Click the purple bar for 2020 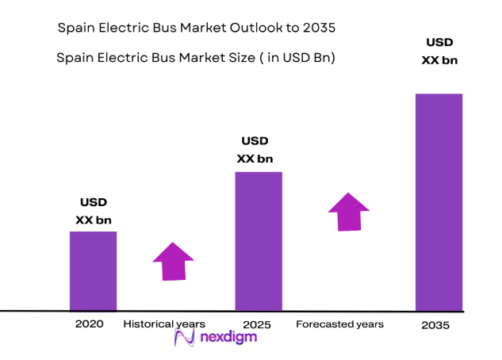point(94,270)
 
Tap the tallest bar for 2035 point(439,201)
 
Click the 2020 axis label point(90,324)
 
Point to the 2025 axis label point(259,324)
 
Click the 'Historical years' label point(164,324)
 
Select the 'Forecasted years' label point(339,324)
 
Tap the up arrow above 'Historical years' point(173,261)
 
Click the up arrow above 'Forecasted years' point(349,211)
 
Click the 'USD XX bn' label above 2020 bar point(93,211)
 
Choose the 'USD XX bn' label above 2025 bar point(255,150)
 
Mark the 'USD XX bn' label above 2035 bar point(439,51)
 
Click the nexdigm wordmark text point(228,337)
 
